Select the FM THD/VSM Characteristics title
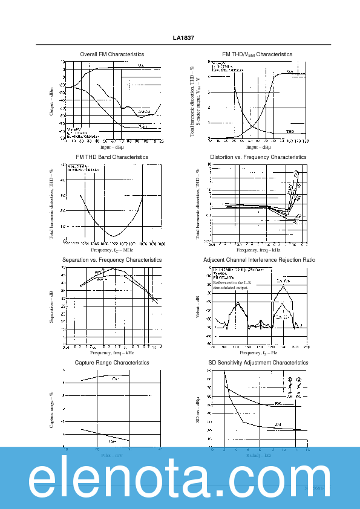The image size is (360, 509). [x=257, y=54]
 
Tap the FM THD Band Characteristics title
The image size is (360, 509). [x=108, y=157]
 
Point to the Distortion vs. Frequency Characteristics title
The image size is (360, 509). [x=258, y=157]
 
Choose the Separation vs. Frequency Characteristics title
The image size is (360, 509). [x=112, y=260]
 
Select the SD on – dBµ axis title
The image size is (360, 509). [x=197, y=411]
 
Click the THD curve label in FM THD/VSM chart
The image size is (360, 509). [x=290, y=131]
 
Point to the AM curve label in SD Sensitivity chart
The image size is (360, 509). [x=278, y=424]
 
